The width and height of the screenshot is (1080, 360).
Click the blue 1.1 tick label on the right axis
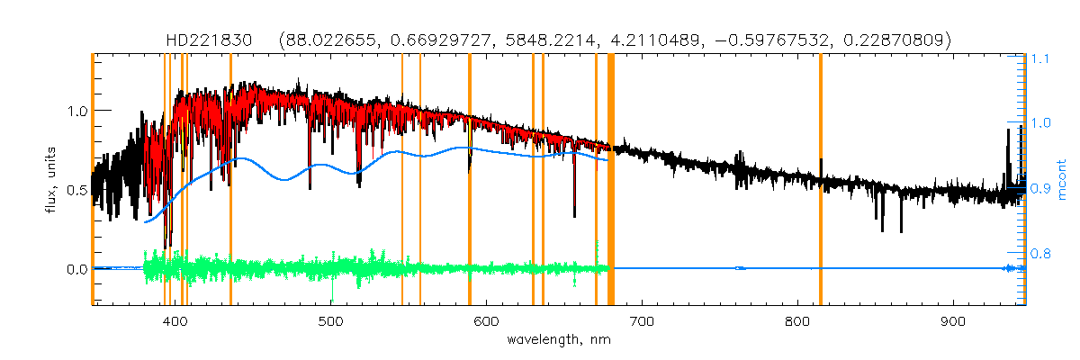pyautogui.click(x=1041, y=58)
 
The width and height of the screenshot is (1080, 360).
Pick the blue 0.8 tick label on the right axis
pyautogui.click(x=1041, y=254)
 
